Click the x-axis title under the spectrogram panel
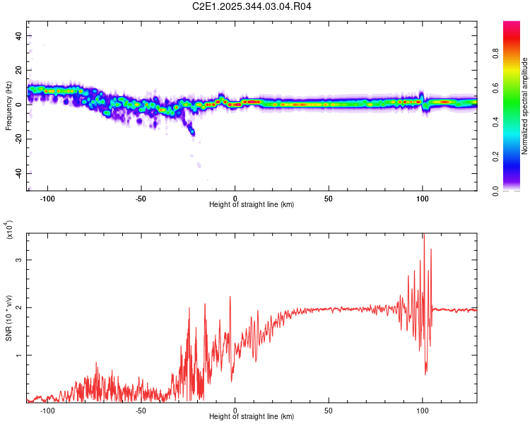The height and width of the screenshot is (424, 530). [252, 204]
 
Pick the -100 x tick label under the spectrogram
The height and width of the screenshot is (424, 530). [47, 197]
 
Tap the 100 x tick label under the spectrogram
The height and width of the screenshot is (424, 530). [423, 197]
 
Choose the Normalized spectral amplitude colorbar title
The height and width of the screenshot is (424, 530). [525, 106]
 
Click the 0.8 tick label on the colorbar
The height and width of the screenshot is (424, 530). [516, 53]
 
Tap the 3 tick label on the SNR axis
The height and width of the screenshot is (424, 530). [20, 260]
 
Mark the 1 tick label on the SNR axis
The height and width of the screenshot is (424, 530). [20, 355]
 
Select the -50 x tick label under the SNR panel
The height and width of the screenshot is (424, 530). [141, 411]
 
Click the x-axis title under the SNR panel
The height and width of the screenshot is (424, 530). [252, 418]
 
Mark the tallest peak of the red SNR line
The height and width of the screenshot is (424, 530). [423, 235]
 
